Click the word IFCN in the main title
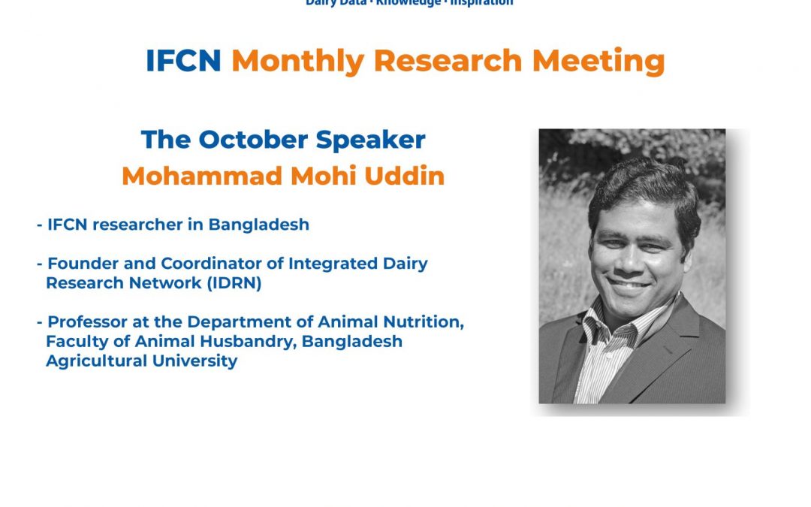(183, 61)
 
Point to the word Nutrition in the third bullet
(424, 321)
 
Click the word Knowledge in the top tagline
(409, 2)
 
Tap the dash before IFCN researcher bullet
(39, 225)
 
